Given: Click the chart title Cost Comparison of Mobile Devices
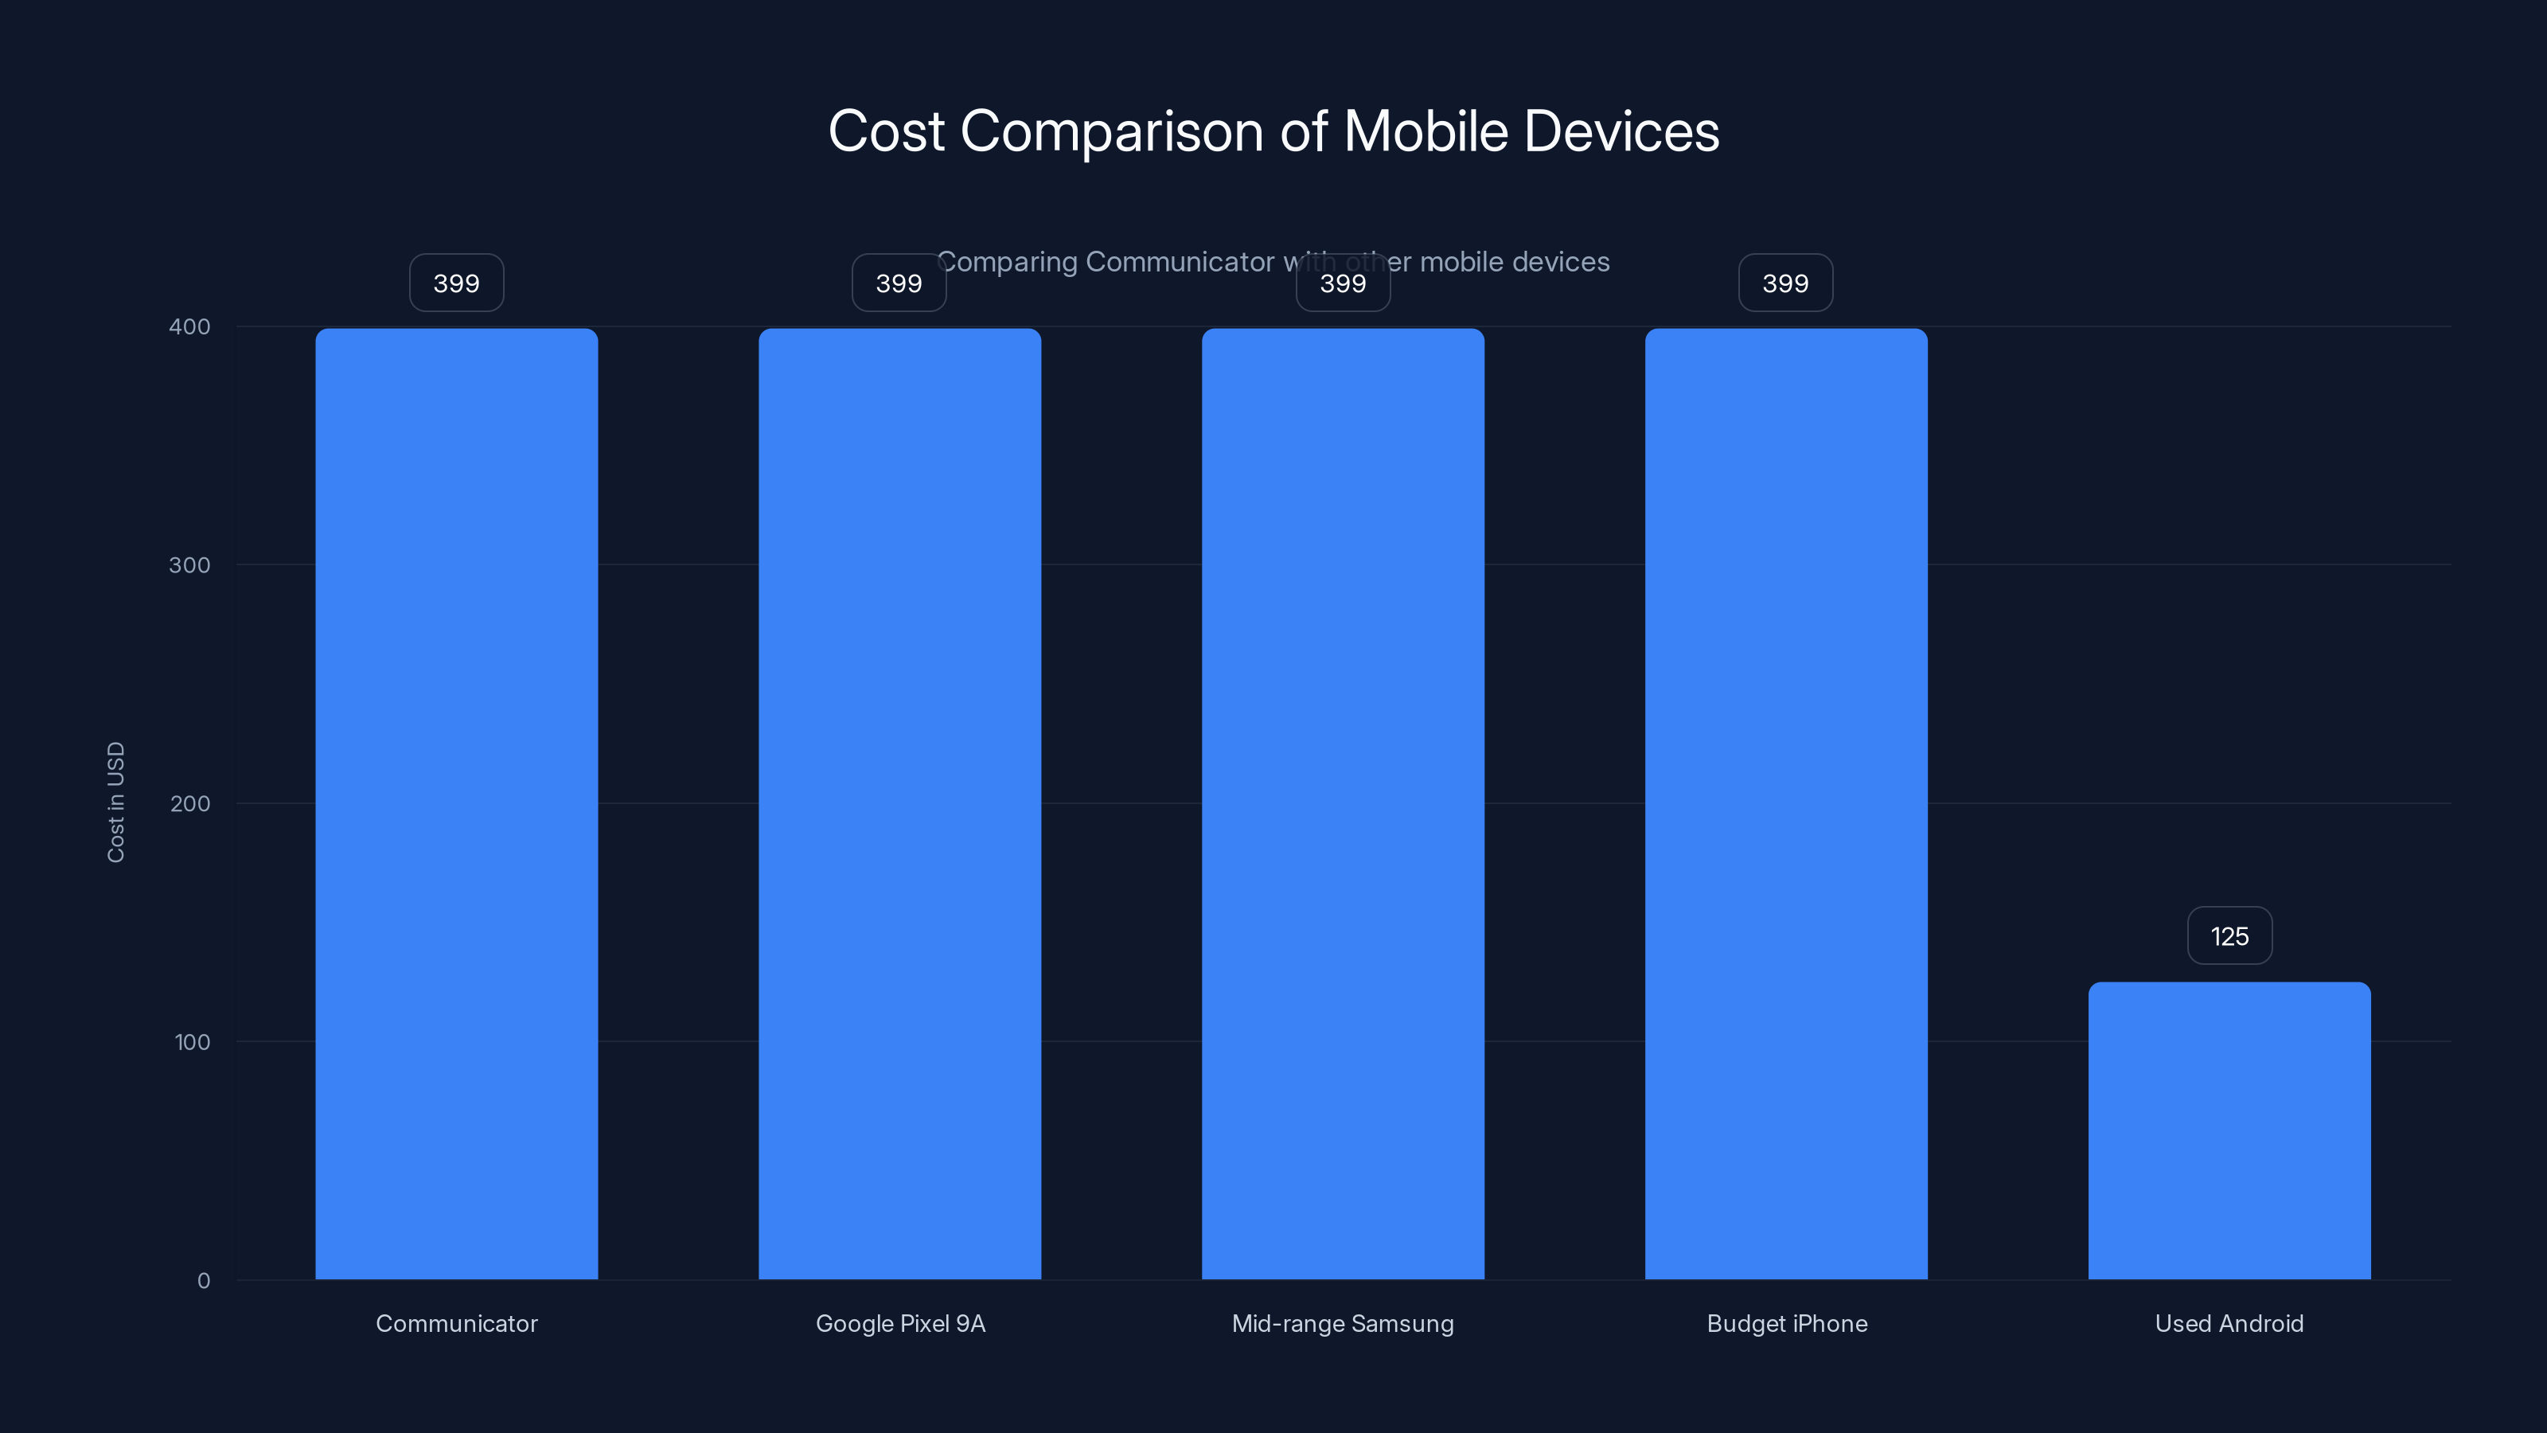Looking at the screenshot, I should click(1273, 131).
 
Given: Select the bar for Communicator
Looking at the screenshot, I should click(456, 803).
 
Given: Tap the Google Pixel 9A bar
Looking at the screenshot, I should click(899, 803).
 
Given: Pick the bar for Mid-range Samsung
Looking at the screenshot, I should click(1343, 803).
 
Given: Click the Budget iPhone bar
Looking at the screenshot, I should click(1785, 803).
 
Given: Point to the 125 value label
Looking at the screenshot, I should click(2229, 935).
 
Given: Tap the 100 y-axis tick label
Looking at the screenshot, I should click(192, 1041).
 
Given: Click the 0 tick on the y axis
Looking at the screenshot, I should click(204, 1281).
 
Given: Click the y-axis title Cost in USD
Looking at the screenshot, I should click(115, 802).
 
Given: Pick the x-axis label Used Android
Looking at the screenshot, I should click(2229, 1323).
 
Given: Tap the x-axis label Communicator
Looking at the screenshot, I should click(456, 1323).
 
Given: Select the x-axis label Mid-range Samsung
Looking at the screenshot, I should click(1343, 1323).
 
